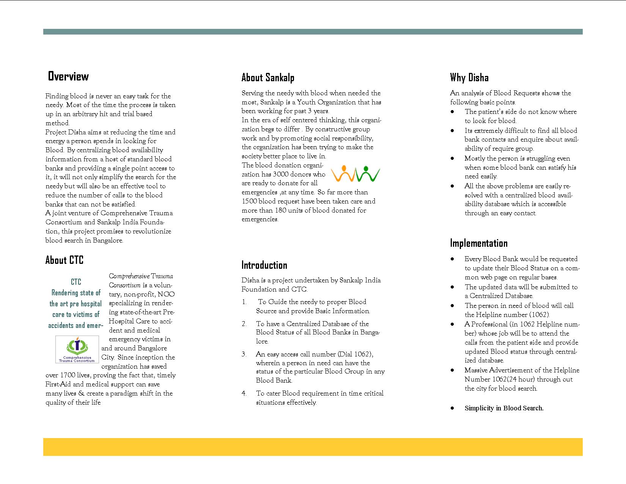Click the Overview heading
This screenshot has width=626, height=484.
coord(68,76)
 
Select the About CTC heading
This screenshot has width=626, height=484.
coord(64,260)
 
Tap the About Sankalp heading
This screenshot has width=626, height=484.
coord(268,78)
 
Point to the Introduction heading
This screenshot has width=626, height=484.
coord(264,265)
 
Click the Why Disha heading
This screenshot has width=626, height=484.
coord(469,78)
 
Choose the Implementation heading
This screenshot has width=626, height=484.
coord(479,243)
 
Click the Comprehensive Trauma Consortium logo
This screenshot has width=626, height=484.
coord(77,349)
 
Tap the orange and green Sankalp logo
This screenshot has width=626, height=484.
coord(355,174)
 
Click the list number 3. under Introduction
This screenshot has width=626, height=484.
coord(244,354)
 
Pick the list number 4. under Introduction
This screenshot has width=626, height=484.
coord(244,393)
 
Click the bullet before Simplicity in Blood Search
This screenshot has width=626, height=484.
coord(452,408)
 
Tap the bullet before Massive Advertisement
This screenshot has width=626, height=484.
coord(452,370)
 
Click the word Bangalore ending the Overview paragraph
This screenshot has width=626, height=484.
coord(107,240)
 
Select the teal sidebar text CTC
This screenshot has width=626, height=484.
coord(76,282)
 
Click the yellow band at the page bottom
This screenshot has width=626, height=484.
coord(313,447)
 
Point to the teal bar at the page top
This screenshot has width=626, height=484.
coord(313,32)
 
